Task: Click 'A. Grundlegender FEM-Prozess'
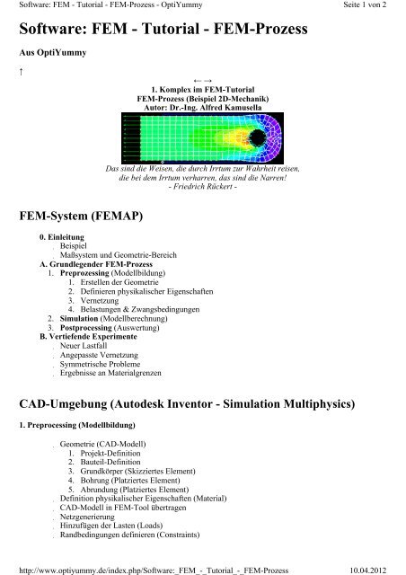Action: [87, 266]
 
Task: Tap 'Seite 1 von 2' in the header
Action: [376, 5]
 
